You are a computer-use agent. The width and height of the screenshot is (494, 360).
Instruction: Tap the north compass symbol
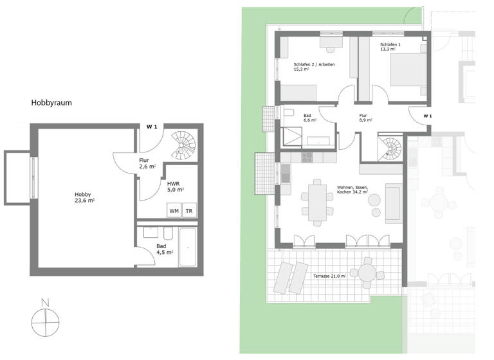(44, 317)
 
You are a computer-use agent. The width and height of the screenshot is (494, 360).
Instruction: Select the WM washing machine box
(174, 211)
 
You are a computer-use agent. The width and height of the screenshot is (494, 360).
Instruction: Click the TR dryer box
(189, 211)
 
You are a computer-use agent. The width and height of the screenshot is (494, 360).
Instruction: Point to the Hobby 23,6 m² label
(84, 197)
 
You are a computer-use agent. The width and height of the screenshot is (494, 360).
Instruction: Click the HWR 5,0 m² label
(176, 186)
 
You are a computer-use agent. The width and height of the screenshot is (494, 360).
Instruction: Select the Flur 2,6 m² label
(147, 164)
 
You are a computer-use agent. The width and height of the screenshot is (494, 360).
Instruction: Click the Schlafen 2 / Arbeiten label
(314, 67)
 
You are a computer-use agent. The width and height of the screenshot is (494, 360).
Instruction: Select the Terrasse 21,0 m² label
(329, 276)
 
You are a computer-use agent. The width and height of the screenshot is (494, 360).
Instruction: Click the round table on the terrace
(367, 272)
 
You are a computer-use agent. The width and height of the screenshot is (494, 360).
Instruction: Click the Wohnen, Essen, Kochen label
(352, 189)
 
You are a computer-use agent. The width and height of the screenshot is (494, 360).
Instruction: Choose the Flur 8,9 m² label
(366, 117)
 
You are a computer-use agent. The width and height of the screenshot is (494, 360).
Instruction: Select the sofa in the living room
(394, 203)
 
